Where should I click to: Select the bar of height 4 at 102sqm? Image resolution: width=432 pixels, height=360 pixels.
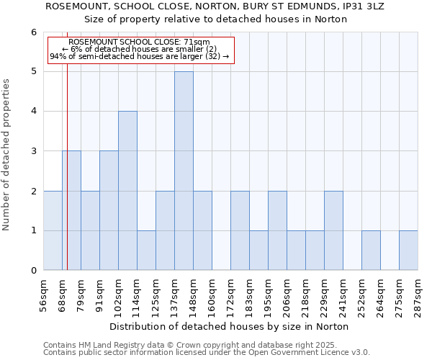pos(127,191)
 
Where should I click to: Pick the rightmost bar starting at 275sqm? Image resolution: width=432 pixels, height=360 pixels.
pos(408,251)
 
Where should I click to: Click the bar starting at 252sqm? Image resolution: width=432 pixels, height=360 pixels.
pos(371,251)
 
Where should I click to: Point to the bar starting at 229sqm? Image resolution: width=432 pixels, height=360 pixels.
pos(333,230)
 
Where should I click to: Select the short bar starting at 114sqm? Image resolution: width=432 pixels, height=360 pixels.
pos(146,251)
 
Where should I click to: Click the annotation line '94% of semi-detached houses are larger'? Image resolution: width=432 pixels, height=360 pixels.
pos(140,56)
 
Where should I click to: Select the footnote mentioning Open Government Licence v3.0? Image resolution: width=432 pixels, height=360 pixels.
pos(207,353)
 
